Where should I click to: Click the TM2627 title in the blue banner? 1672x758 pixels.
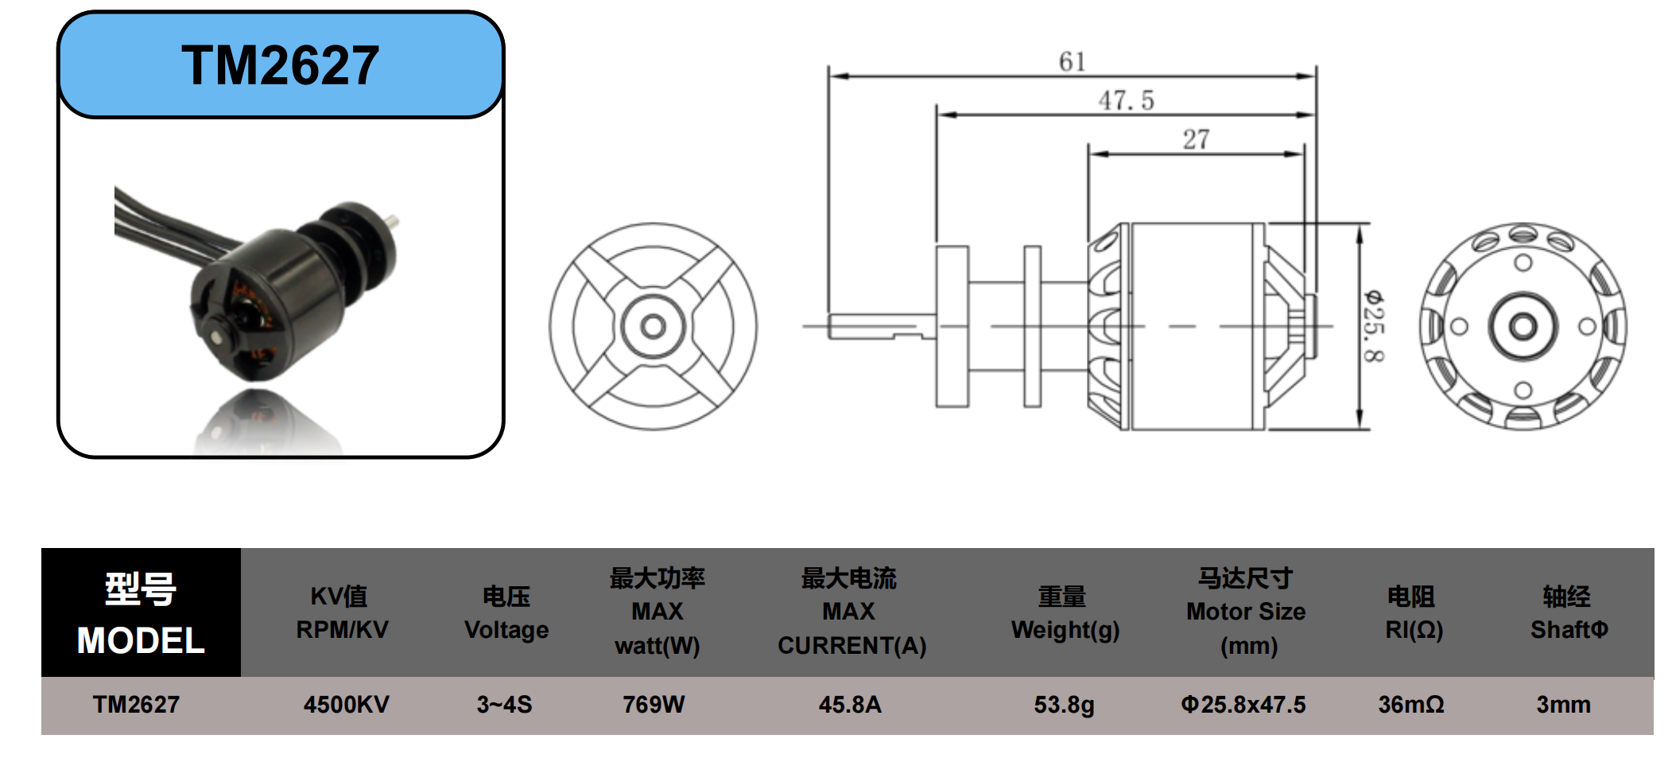[x=280, y=65]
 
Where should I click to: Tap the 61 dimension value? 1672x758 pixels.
[x=1072, y=61]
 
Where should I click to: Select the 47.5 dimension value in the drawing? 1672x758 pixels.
[x=1126, y=100]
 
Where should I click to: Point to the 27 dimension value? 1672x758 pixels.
[x=1196, y=139]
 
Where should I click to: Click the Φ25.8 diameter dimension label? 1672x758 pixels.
[x=1374, y=326]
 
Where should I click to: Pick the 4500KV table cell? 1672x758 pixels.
[x=346, y=705]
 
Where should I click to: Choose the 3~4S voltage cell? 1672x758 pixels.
[x=504, y=705]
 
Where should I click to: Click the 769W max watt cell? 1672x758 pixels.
[x=654, y=705]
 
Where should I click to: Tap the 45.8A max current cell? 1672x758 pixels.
[x=850, y=705]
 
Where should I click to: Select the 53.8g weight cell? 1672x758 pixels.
[x=1064, y=705]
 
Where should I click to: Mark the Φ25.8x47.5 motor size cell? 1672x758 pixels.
[x=1243, y=705]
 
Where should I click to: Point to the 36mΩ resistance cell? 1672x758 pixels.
[x=1411, y=705]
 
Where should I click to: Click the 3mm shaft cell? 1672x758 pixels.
[x=1563, y=705]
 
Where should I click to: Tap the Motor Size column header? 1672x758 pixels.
[x=1246, y=612]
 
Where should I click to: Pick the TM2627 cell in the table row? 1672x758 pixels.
[x=136, y=705]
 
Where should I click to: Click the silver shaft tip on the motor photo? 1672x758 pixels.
[x=394, y=220]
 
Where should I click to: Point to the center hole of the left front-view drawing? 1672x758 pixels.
[x=653, y=326]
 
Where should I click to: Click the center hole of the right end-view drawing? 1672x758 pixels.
[x=1523, y=326]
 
